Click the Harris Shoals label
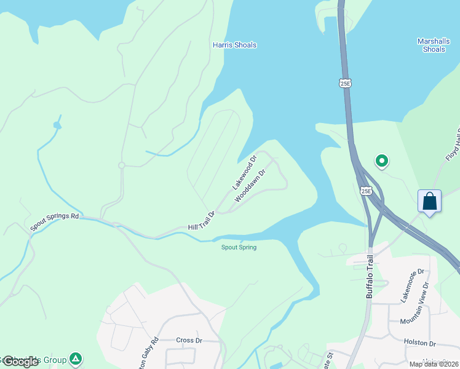click(234, 45)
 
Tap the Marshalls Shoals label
click(434, 45)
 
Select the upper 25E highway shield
click(346, 82)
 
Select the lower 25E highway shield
click(366, 191)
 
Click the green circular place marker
click(381, 162)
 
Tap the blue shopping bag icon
click(429, 201)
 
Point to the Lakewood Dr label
click(245, 173)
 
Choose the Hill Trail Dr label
click(201, 222)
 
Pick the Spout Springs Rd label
click(55, 221)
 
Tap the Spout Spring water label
click(239, 247)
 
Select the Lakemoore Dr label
click(413, 284)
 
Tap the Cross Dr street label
click(189, 340)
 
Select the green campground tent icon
click(76, 358)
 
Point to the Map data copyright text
click(434, 364)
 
